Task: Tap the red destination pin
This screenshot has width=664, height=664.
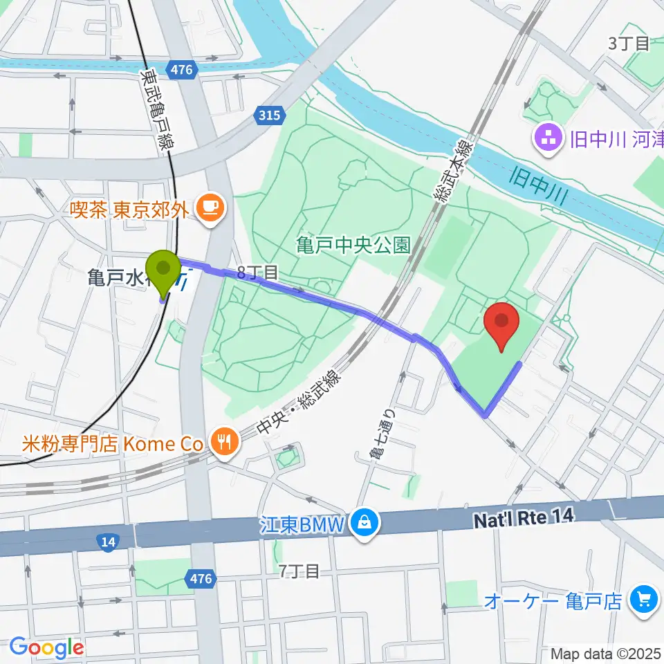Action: [x=503, y=325]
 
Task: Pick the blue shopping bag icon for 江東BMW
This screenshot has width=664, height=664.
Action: [x=363, y=523]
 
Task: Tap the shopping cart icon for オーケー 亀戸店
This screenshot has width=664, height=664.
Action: [x=645, y=600]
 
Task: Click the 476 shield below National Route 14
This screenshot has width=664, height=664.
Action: [x=200, y=578]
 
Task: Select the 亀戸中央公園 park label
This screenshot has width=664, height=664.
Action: [x=353, y=244]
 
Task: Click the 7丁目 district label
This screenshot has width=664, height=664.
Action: [x=299, y=571]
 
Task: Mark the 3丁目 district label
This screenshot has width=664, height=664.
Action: [x=629, y=44]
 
